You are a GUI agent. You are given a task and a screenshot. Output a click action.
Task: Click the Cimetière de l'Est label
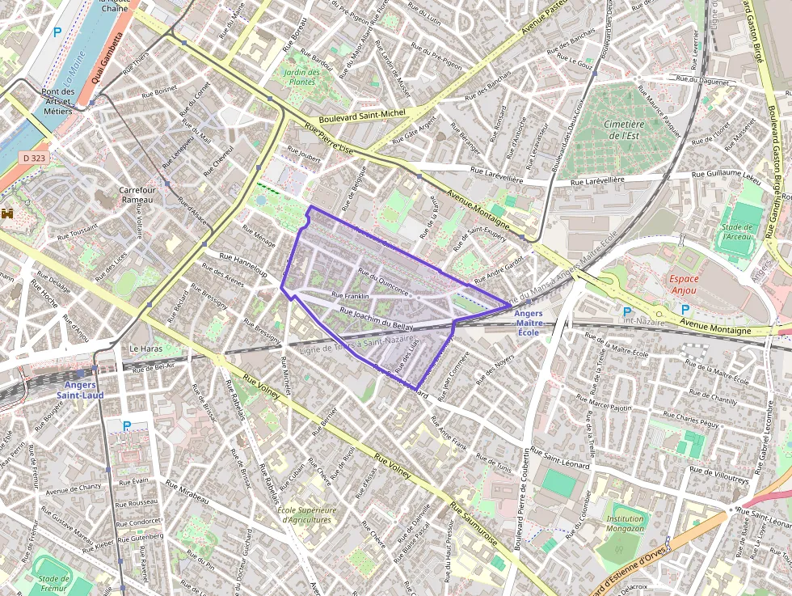click(x=623, y=129)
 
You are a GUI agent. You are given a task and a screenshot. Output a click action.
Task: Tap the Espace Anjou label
click(x=684, y=284)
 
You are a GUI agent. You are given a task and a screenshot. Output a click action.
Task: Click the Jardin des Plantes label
click(x=301, y=77)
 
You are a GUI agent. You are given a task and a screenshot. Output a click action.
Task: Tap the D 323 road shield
click(x=34, y=159)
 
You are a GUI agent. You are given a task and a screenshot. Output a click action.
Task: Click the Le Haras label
click(x=146, y=349)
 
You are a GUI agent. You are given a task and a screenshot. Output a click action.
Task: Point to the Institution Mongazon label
click(x=626, y=524)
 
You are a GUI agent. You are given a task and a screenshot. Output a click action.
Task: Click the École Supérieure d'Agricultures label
click(x=306, y=514)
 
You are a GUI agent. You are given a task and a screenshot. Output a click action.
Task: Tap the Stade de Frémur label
click(x=53, y=582)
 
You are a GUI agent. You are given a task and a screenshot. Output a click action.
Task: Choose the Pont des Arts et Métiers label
click(x=58, y=101)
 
